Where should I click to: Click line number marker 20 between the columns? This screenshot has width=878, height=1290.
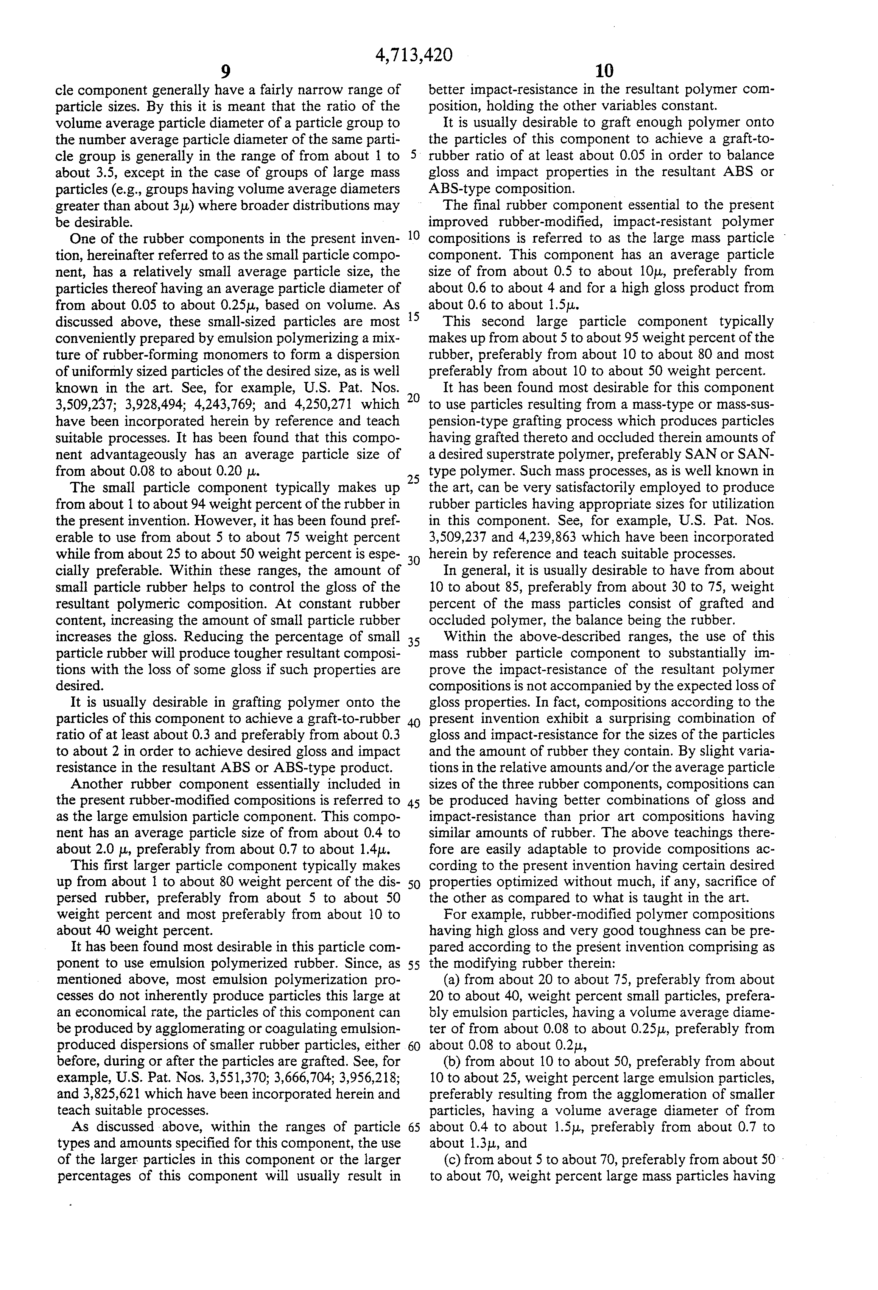coord(414,398)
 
